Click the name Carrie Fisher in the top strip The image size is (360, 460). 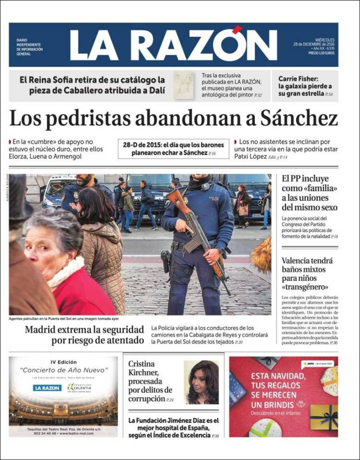[298, 79]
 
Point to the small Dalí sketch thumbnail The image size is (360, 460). [184, 85]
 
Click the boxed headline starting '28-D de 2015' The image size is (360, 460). [173, 149]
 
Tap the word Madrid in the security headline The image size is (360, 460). [42, 330]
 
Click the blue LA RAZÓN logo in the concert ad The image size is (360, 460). [47, 387]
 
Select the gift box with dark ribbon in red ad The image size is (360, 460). [324, 416]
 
